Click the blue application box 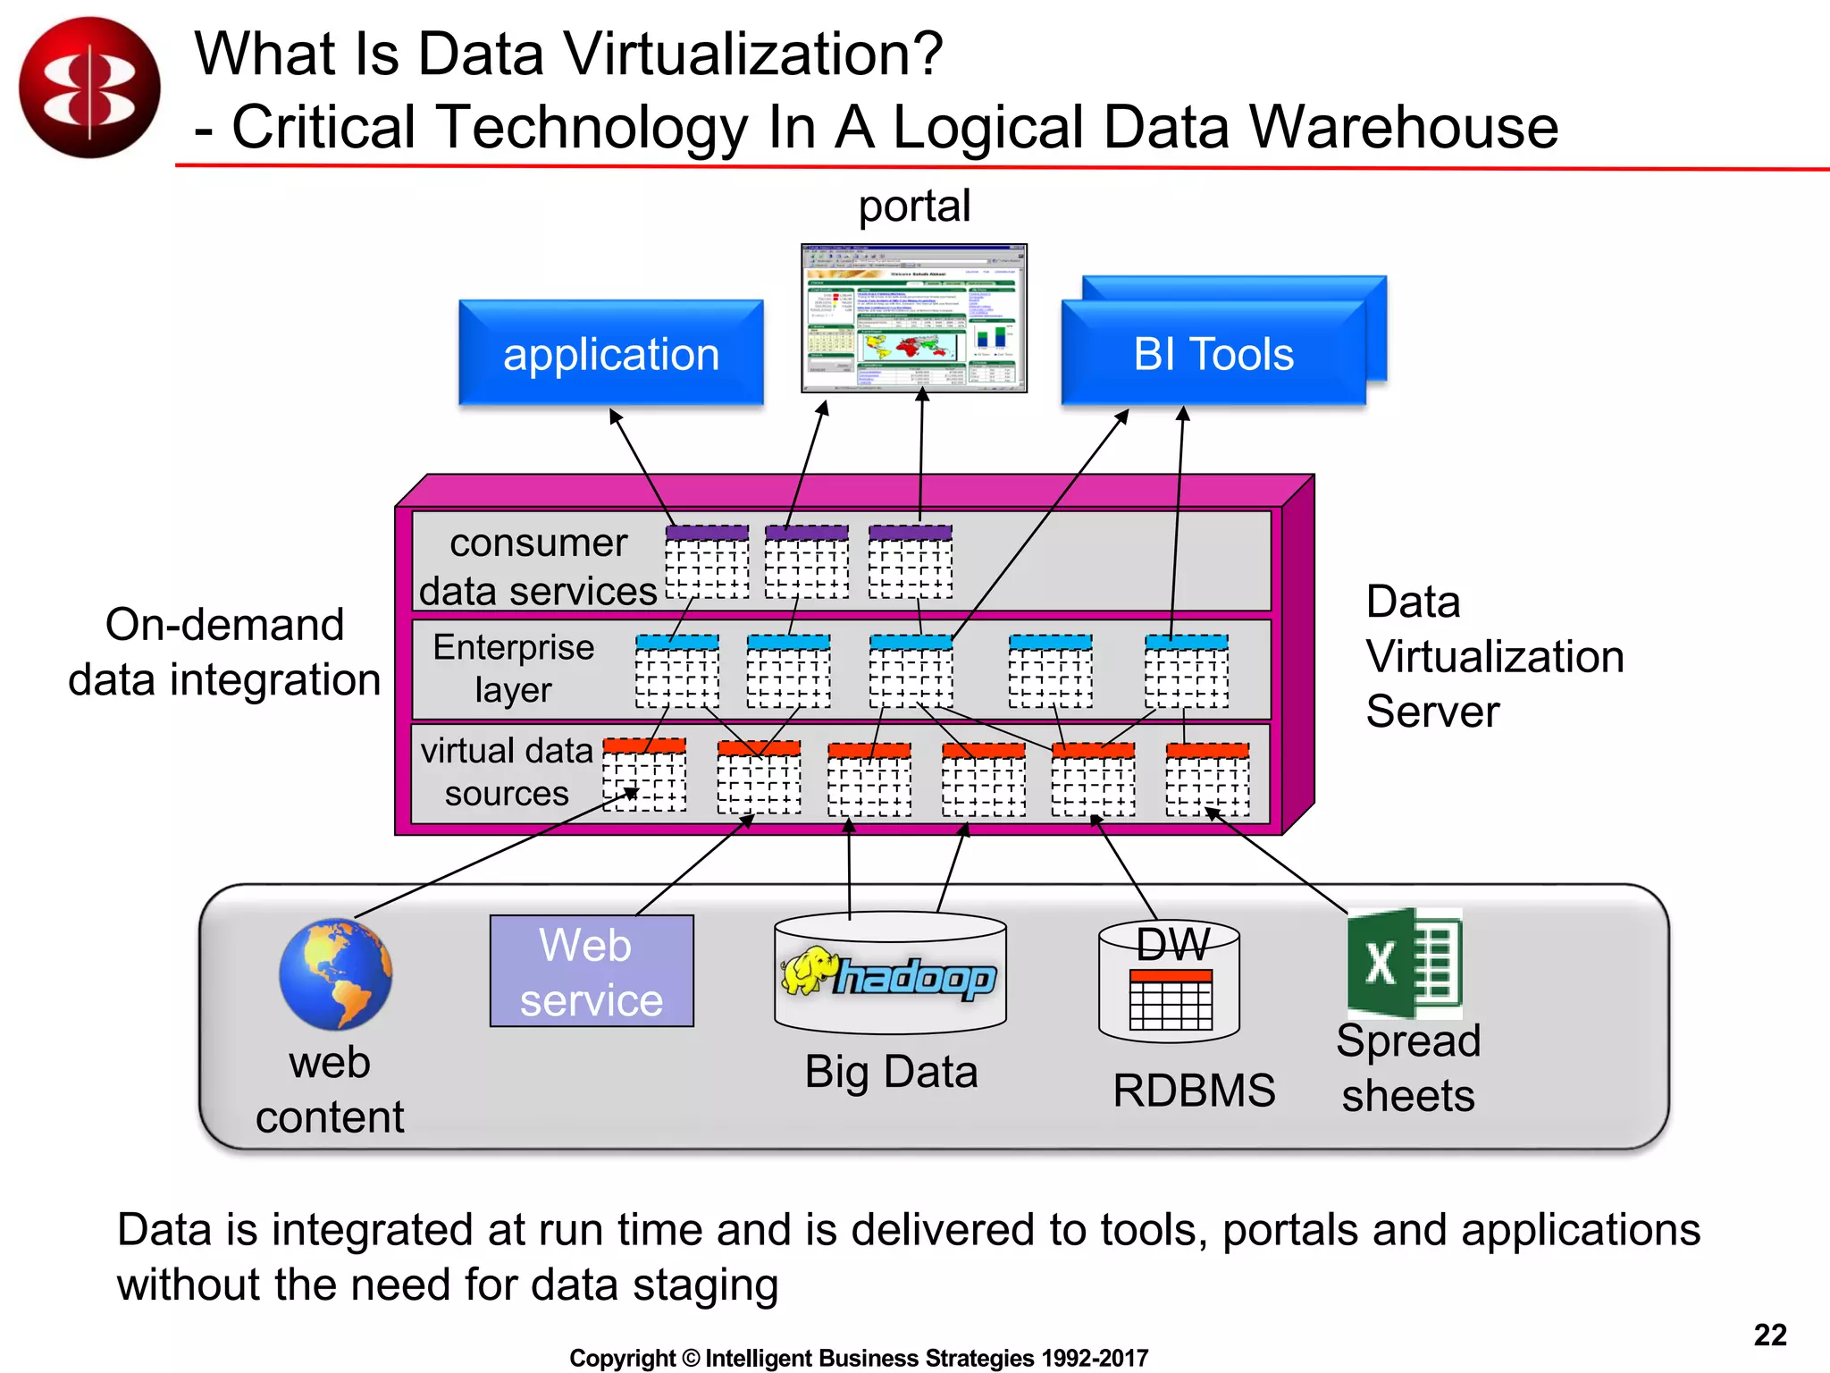(x=610, y=354)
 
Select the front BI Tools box (x=1213, y=354)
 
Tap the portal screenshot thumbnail (x=914, y=318)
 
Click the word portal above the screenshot (x=914, y=206)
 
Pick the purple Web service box (x=592, y=971)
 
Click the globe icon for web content (x=335, y=974)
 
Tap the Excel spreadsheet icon (x=1404, y=964)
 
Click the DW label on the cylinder (x=1172, y=944)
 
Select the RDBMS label (x=1193, y=1091)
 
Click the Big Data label (x=891, y=1072)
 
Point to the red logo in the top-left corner (x=89, y=88)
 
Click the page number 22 (x=1769, y=1335)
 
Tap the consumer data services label (x=538, y=567)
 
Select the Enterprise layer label (x=514, y=669)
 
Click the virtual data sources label (x=507, y=771)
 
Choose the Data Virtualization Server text (x=1493, y=657)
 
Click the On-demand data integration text (x=224, y=652)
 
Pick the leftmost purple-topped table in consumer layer (x=707, y=561)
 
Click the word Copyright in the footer (x=622, y=1359)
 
